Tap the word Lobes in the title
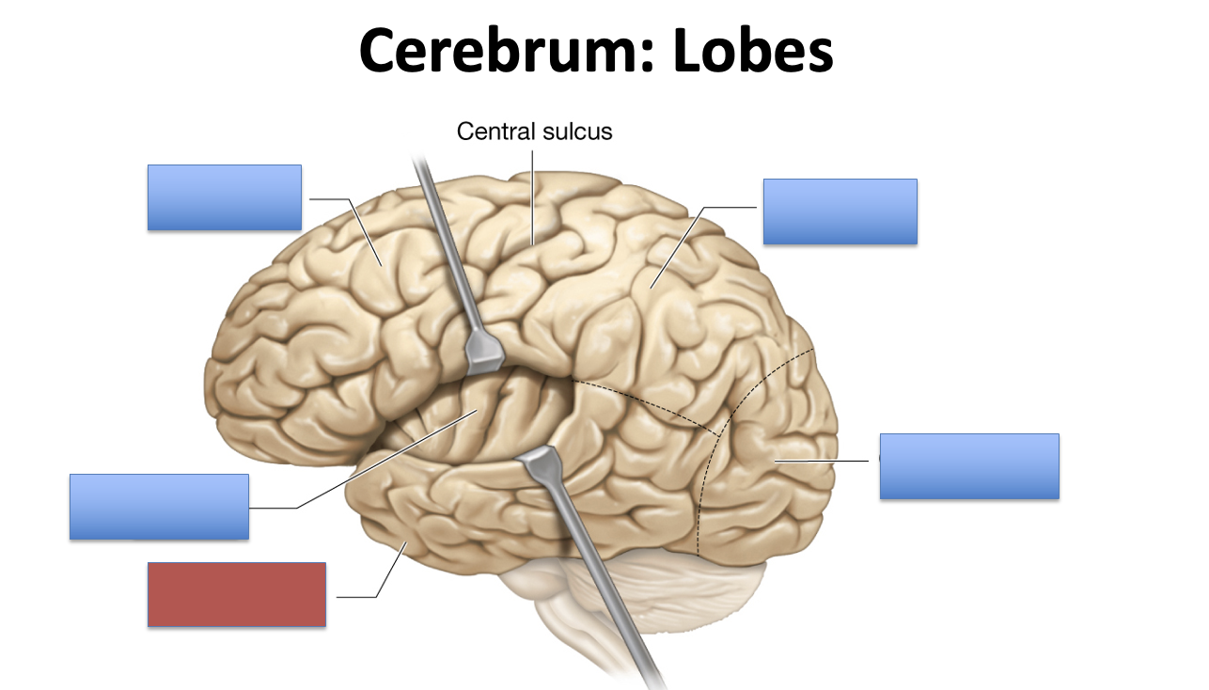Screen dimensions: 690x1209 [x=753, y=52]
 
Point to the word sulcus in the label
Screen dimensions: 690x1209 [x=574, y=132]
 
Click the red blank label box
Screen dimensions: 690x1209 [x=237, y=594]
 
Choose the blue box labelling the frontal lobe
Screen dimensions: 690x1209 [x=225, y=197]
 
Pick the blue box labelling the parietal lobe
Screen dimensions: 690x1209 [x=840, y=212]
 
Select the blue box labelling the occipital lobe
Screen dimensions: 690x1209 [x=969, y=465]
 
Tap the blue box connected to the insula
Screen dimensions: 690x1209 [x=159, y=507]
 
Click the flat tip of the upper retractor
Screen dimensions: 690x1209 [x=485, y=352]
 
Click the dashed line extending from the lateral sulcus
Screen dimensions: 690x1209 [x=649, y=400]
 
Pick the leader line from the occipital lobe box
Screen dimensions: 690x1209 [x=827, y=461]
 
